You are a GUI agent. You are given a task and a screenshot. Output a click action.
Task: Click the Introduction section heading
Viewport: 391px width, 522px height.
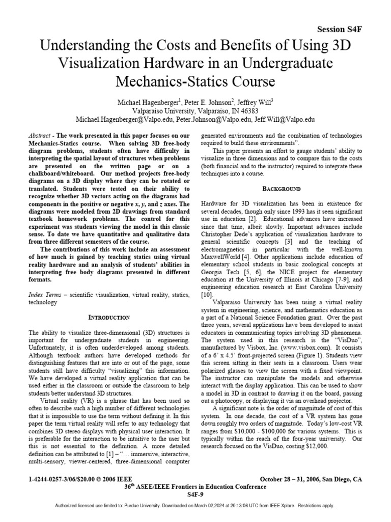coord(110,317)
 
